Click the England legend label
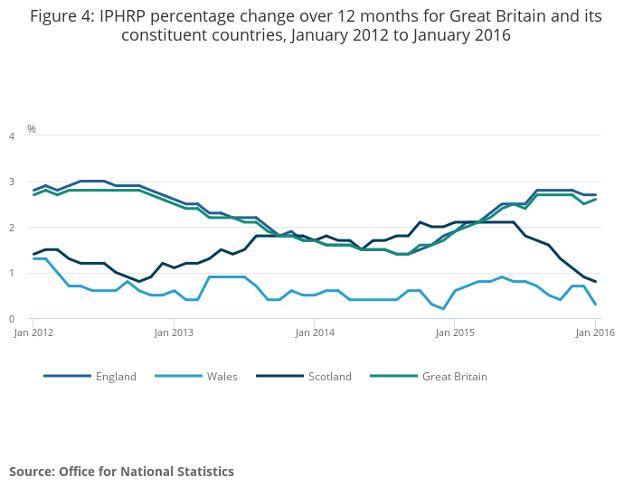coord(116,377)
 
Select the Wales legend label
coord(222,377)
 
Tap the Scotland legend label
coord(329,377)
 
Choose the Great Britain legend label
coord(454,377)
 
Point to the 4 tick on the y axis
coord(12,136)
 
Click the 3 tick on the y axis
coord(12,182)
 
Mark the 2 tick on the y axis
coord(12,229)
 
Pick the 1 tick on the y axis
coord(12,274)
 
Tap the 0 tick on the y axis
coord(12,320)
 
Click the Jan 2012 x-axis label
coord(33,333)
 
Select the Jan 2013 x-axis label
coord(174,333)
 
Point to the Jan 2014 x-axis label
coord(314,333)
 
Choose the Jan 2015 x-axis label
coord(455,333)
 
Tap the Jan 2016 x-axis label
coord(595,333)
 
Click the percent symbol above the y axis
coord(32,129)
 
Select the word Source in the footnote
coord(32,472)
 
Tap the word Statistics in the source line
coord(202,472)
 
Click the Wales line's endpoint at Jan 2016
coord(595,304)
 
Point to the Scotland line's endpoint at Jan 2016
coord(595,282)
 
